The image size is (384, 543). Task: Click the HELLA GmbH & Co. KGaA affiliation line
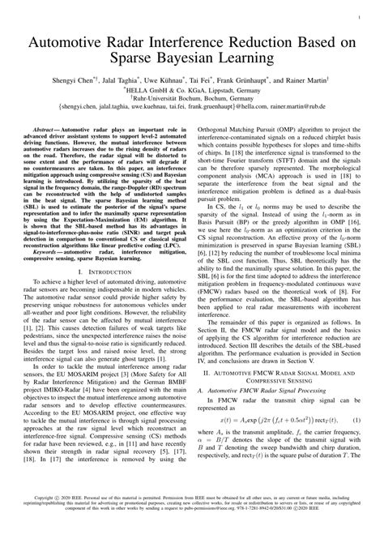point(192,91)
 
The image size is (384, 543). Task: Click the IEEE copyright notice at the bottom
point(192,524)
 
